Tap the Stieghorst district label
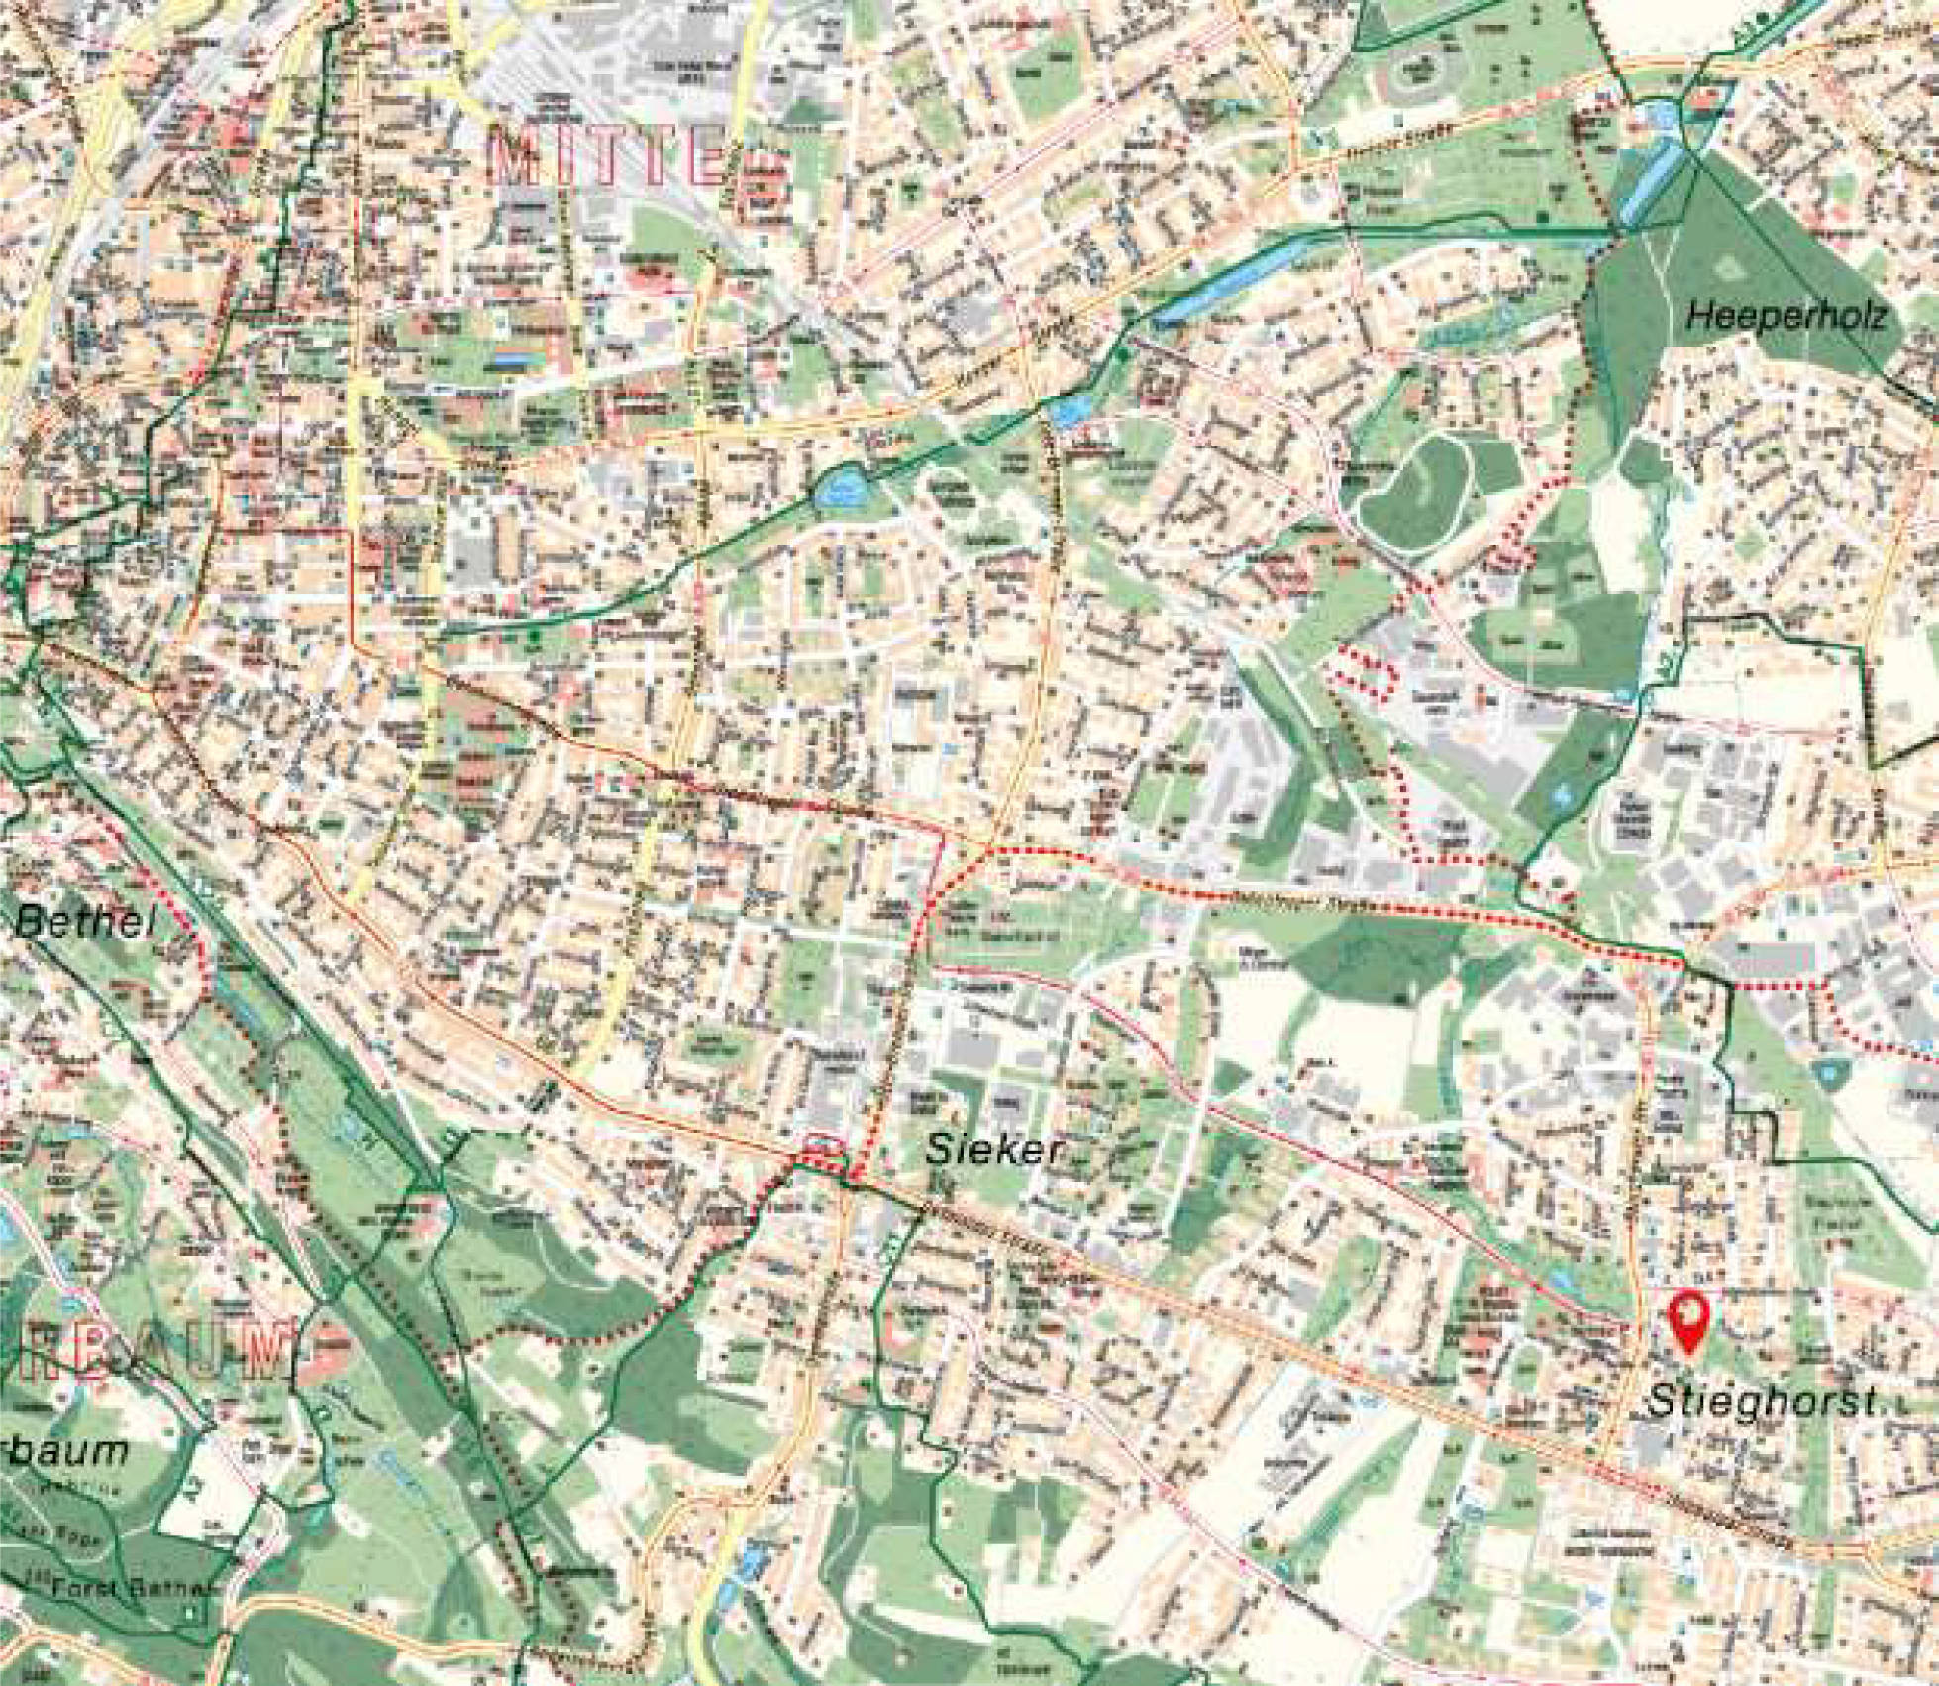[1764, 1400]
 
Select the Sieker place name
[993, 1149]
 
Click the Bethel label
[87, 924]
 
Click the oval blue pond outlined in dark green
[838, 487]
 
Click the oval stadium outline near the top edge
[1417, 66]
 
